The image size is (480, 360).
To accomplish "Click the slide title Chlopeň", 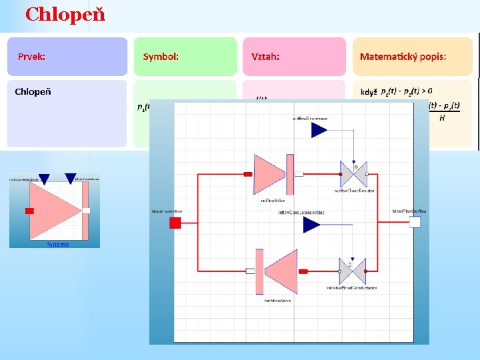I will (x=65, y=14).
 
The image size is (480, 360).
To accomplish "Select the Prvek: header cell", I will (x=31, y=57).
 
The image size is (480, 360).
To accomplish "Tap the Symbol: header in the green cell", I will (x=161, y=57).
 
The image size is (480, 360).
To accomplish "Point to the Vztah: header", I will (x=265, y=57).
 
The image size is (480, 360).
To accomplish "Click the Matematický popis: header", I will (x=403, y=57).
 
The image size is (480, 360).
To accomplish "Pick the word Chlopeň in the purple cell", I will (x=33, y=91).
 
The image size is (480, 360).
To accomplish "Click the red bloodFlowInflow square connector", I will (x=175, y=222).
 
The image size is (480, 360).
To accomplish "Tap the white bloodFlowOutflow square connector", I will (x=415, y=222).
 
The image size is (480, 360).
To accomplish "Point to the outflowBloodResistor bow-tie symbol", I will (x=354, y=175).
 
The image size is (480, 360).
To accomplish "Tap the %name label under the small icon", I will (x=58, y=245).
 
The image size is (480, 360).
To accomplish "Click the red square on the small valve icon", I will (x=29, y=211).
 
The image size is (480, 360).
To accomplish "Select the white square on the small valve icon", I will (x=87, y=211).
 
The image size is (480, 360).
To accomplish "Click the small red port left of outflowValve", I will (x=247, y=174).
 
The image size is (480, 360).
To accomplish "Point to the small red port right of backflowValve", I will (x=303, y=271).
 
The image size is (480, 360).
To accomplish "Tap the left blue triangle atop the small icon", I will (x=44, y=178).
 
